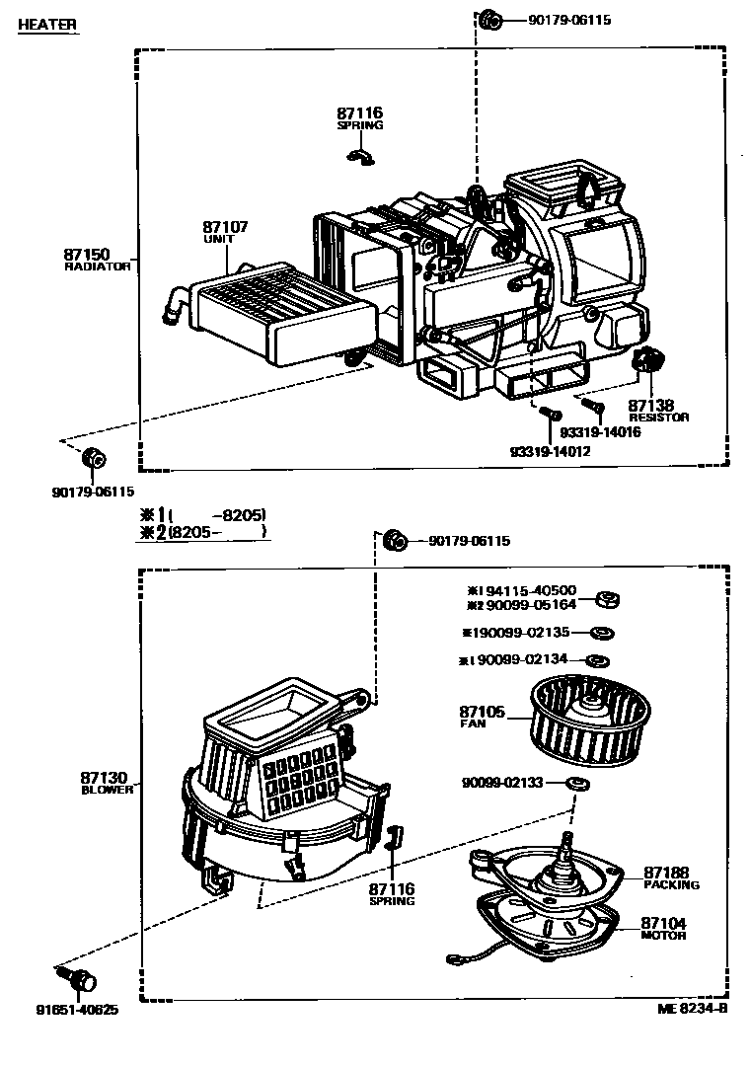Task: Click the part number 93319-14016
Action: [x=600, y=432]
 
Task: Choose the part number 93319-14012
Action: [x=551, y=450]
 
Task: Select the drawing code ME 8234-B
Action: [x=692, y=1008]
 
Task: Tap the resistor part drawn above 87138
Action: [x=645, y=361]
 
